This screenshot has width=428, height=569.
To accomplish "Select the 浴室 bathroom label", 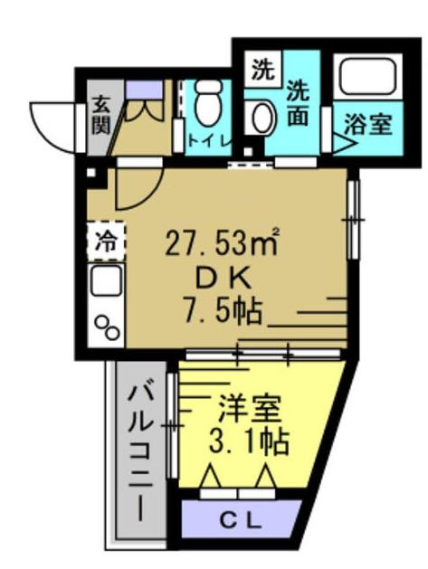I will pos(372,124).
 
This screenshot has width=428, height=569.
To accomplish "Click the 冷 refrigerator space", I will pos(106,241).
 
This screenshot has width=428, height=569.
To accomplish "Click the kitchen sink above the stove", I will pos(106,282).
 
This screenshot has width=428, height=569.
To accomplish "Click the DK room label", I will pos(215,277).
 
